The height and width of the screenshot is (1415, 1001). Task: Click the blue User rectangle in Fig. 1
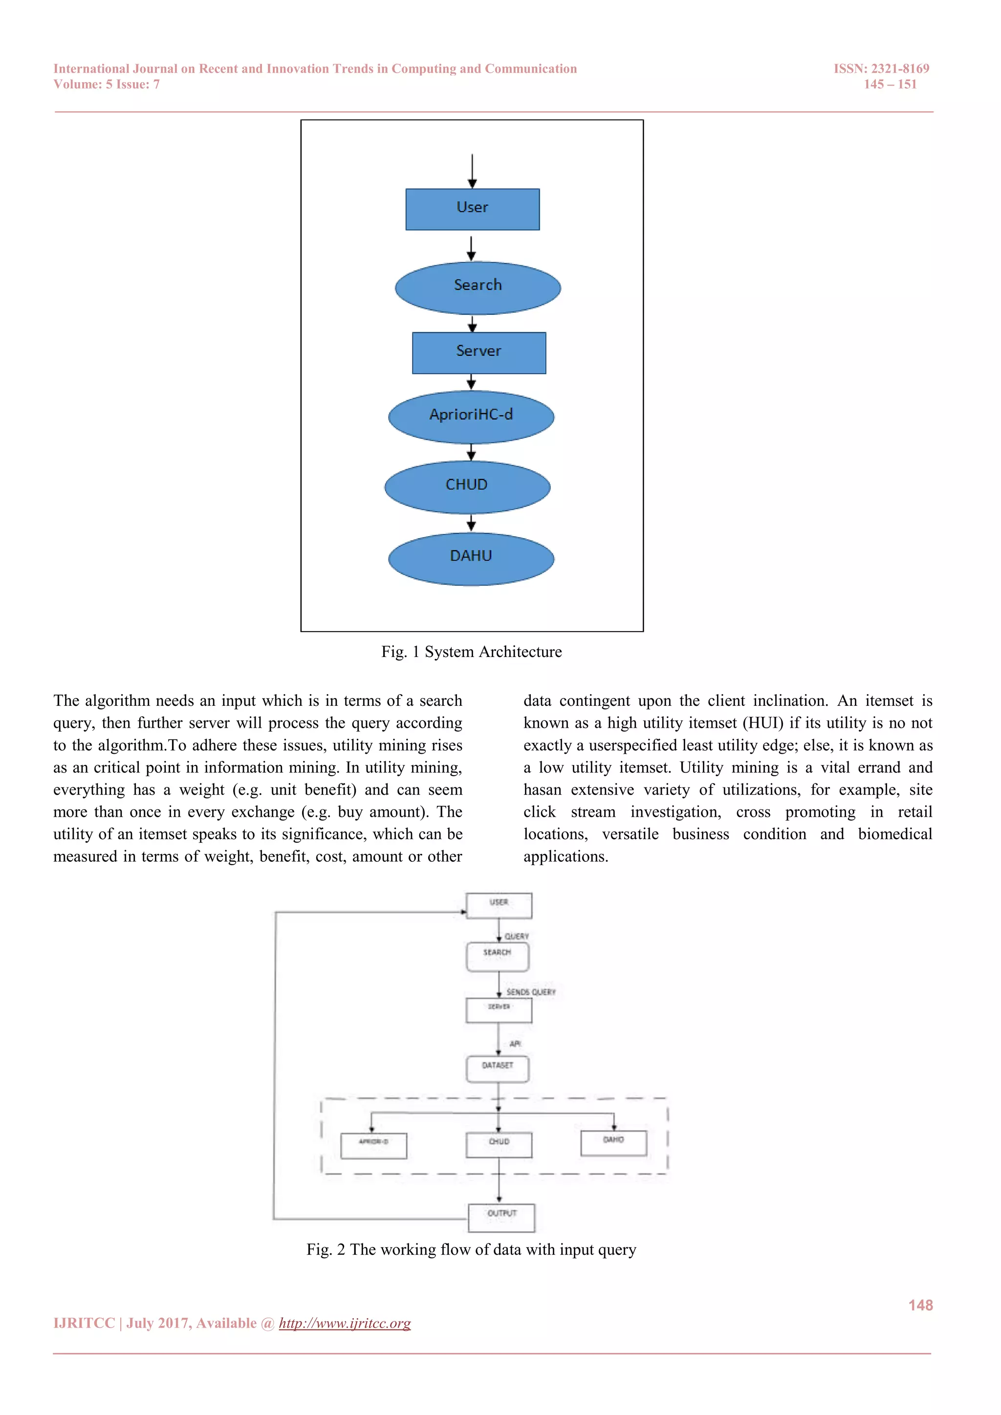(472, 209)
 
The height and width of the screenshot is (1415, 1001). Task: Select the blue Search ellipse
(478, 287)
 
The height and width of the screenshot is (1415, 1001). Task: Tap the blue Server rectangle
(479, 352)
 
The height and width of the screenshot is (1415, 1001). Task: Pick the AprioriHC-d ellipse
(471, 416)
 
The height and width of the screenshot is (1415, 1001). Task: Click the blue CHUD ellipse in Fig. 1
(467, 487)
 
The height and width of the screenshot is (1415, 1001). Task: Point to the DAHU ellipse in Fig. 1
(471, 558)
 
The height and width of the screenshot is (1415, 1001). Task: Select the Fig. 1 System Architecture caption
(472, 652)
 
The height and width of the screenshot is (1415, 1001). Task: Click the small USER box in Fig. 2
(499, 905)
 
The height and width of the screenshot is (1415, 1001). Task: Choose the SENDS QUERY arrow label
(531, 992)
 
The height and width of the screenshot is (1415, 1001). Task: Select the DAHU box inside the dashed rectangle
(613, 1143)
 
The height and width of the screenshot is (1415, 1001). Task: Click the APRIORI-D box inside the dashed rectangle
(373, 1145)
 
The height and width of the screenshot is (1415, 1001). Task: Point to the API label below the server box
(515, 1044)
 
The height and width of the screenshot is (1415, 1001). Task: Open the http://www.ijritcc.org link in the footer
(345, 1323)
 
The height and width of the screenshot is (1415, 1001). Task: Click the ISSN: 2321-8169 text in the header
(881, 68)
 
